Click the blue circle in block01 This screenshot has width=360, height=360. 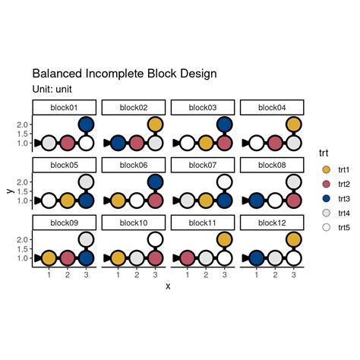pyautogui.click(x=86, y=125)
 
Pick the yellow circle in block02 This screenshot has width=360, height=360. pyautogui.click(x=155, y=125)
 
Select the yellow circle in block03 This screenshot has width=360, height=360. pyautogui.click(x=206, y=143)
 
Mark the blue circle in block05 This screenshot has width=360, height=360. pyautogui.click(x=86, y=201)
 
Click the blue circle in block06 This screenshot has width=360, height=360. pyautogui.click(x=155, y=182)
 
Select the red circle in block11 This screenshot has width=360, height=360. pyautogui.click(x=188, y=258)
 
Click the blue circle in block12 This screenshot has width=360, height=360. pyautogui.click(x=257, y=258)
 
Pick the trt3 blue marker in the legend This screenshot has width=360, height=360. pyautogui.click(x=326, y=199)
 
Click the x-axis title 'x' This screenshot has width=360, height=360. pyautogui.click(x=168, y=286)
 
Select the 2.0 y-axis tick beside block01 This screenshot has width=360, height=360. pyautogui.click(x=24, y=125)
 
